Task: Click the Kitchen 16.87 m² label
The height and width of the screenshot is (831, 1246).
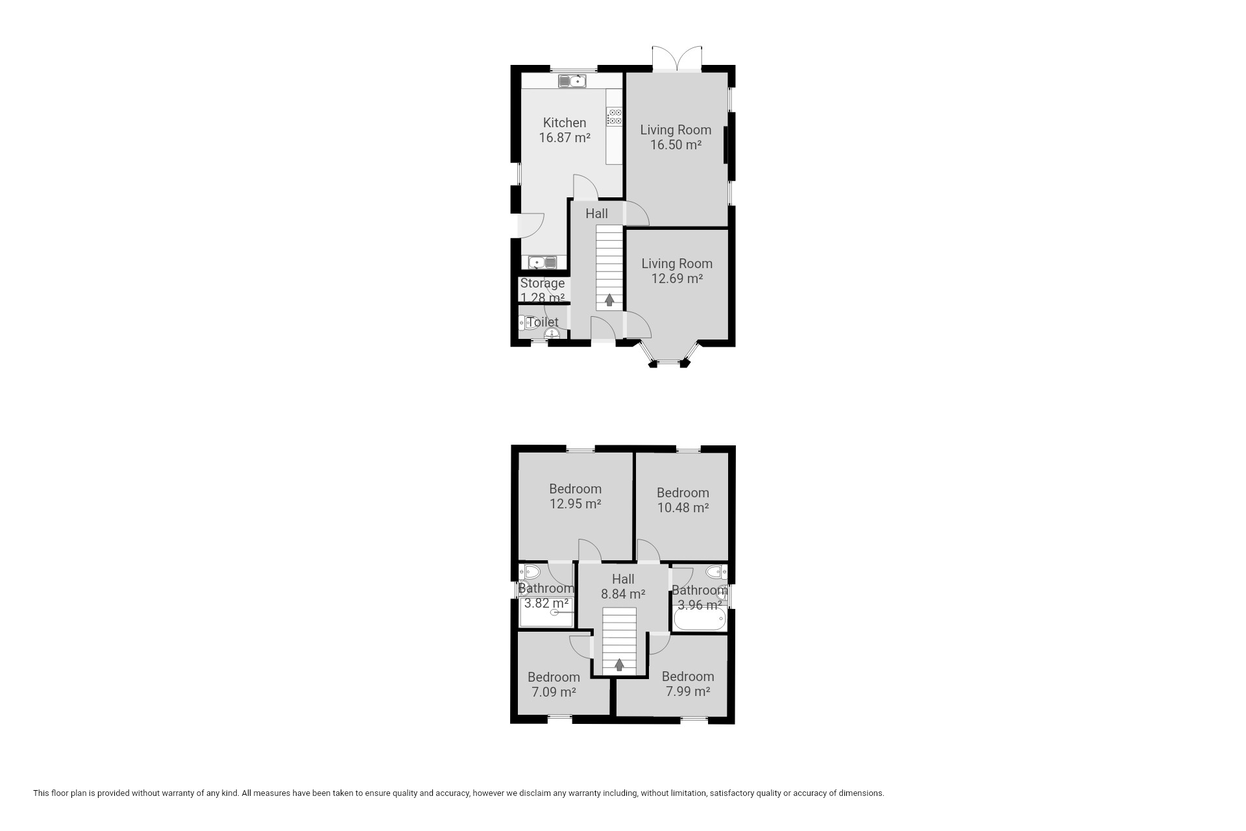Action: click(565, 130)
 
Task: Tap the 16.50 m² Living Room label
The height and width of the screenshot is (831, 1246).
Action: click(676, 137)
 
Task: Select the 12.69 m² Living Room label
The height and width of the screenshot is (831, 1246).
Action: click(677, 271)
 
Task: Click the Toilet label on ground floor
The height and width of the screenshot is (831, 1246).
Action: click(543, 322)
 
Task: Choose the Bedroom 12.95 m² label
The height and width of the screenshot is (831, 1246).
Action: click(575, 496)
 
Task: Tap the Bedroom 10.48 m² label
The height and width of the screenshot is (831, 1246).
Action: click(683, 500)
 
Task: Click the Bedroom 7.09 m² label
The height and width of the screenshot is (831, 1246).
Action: click(554, 684)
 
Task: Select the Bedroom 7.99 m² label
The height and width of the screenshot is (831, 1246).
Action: click(688, 684)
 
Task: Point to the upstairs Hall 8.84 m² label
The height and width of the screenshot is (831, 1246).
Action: click(623, 586)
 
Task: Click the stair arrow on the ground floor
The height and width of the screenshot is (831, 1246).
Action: click(609, 300)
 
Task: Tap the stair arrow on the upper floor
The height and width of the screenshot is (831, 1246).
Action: click(619, 665)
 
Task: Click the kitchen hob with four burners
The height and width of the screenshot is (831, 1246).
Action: click(614, 117)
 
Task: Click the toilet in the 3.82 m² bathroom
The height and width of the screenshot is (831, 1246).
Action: click(530, 573)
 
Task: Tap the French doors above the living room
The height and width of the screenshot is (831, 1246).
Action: click(677, 58)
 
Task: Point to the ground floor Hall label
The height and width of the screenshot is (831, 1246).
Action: click(597, 214)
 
